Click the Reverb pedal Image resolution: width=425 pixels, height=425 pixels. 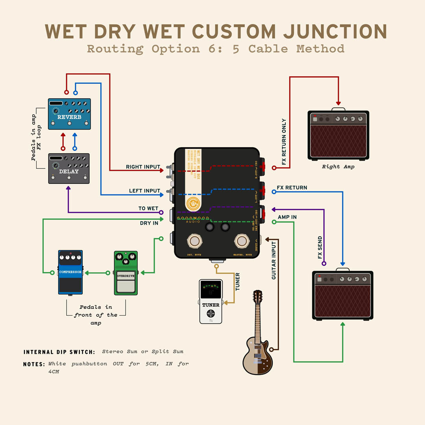click(69, 114)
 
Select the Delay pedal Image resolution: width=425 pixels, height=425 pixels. click(69, 168)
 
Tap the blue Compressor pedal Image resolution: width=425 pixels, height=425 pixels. click(70, 272)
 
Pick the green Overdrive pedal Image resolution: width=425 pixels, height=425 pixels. click(126, 273)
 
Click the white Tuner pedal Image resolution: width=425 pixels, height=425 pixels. click(211, 301)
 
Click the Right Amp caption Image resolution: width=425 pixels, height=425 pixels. click(338, 167)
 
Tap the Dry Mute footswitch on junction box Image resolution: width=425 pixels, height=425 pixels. click(194, 241)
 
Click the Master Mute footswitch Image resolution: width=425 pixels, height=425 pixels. click(242, 241)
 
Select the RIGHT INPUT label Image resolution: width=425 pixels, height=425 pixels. click(143, 167)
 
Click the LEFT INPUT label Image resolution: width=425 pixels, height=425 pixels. click(144, 191)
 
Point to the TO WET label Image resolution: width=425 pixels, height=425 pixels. click(148, 209)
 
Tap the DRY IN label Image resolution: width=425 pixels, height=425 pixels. click(149, 223)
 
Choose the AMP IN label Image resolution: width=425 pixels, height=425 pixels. click(287, 217)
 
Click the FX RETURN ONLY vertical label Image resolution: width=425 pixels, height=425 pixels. click(284, 142)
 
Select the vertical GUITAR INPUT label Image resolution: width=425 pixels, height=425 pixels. click(274, 260)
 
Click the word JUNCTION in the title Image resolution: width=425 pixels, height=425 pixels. click(334, 31)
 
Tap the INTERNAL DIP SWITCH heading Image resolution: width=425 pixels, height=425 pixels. click(59, 352)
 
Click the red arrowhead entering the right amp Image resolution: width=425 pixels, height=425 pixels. click(338, 103)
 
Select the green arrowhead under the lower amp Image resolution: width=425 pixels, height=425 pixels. click(343, 324)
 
